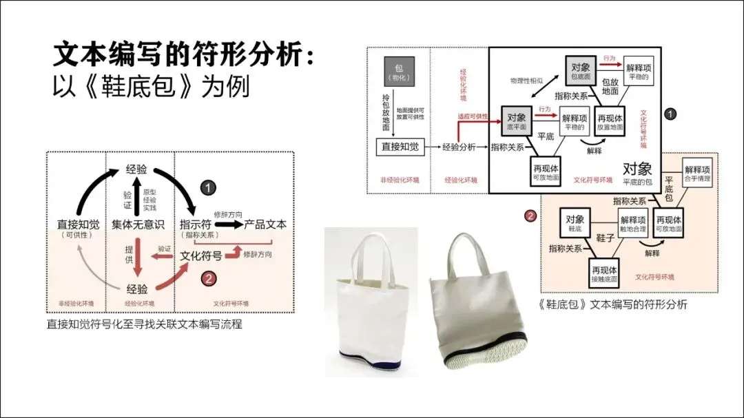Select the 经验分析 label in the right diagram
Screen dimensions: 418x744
click(x=459, y=146)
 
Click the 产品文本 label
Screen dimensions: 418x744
click(x=265, y=224)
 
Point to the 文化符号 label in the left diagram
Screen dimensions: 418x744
click(x=200, y=255)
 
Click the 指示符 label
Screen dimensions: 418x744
click(x=195, y=224)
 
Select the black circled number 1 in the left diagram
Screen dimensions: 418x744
click(x=209, y=187)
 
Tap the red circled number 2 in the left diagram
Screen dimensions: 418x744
click(x=209, y=278)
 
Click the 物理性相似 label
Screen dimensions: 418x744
click(x=527, y=81)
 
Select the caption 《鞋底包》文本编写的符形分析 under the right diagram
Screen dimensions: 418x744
click(x=613, y=304)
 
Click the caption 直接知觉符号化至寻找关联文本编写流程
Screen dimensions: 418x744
click(x=144, y=324)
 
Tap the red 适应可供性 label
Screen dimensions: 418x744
click(x=473, y=117)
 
